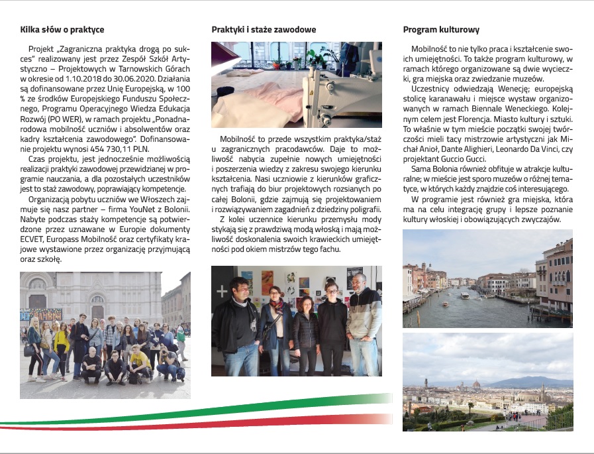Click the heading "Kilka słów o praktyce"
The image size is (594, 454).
(62, 30)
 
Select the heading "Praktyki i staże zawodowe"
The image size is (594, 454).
(264, 30)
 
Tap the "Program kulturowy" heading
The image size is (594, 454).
(441, 30)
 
